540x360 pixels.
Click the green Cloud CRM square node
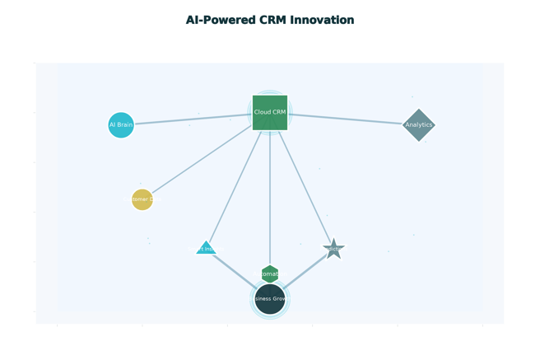point(270,113)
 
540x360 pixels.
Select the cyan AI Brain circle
point(121,125)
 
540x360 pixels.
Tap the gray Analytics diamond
point(419,125)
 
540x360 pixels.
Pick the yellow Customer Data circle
point(142,199)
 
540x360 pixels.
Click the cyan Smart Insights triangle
point(206,248)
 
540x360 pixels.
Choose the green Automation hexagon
point(270,274)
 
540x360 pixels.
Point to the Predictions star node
point(333,249)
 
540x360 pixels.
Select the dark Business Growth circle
point(270,299)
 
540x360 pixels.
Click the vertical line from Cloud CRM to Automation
point(270,198)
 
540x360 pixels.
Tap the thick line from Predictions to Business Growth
point(306,269)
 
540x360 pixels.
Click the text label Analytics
point(419,125)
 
